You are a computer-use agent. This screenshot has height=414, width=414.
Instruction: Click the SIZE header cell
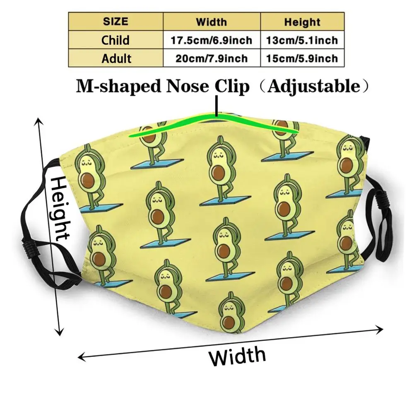(116, 22)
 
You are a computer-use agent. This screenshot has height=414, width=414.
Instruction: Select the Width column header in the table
(211, 22)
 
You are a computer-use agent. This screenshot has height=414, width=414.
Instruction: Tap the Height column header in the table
(302, 22)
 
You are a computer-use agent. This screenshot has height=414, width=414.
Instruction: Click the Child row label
(116, 40)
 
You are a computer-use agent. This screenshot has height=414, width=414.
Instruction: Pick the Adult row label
(116, 58)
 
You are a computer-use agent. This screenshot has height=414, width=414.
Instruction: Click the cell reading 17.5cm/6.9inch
(211, 40)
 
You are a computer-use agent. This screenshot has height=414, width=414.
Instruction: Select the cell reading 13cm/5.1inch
(302, 40)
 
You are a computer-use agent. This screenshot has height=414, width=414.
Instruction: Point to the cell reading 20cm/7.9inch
(211, 58)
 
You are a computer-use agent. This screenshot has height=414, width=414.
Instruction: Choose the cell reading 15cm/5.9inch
(302, 58)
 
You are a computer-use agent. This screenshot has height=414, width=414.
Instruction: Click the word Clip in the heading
(232, 86)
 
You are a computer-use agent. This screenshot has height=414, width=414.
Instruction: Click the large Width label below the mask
(237, 356)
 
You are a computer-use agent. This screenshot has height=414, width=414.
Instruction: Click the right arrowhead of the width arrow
(380, 329)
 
